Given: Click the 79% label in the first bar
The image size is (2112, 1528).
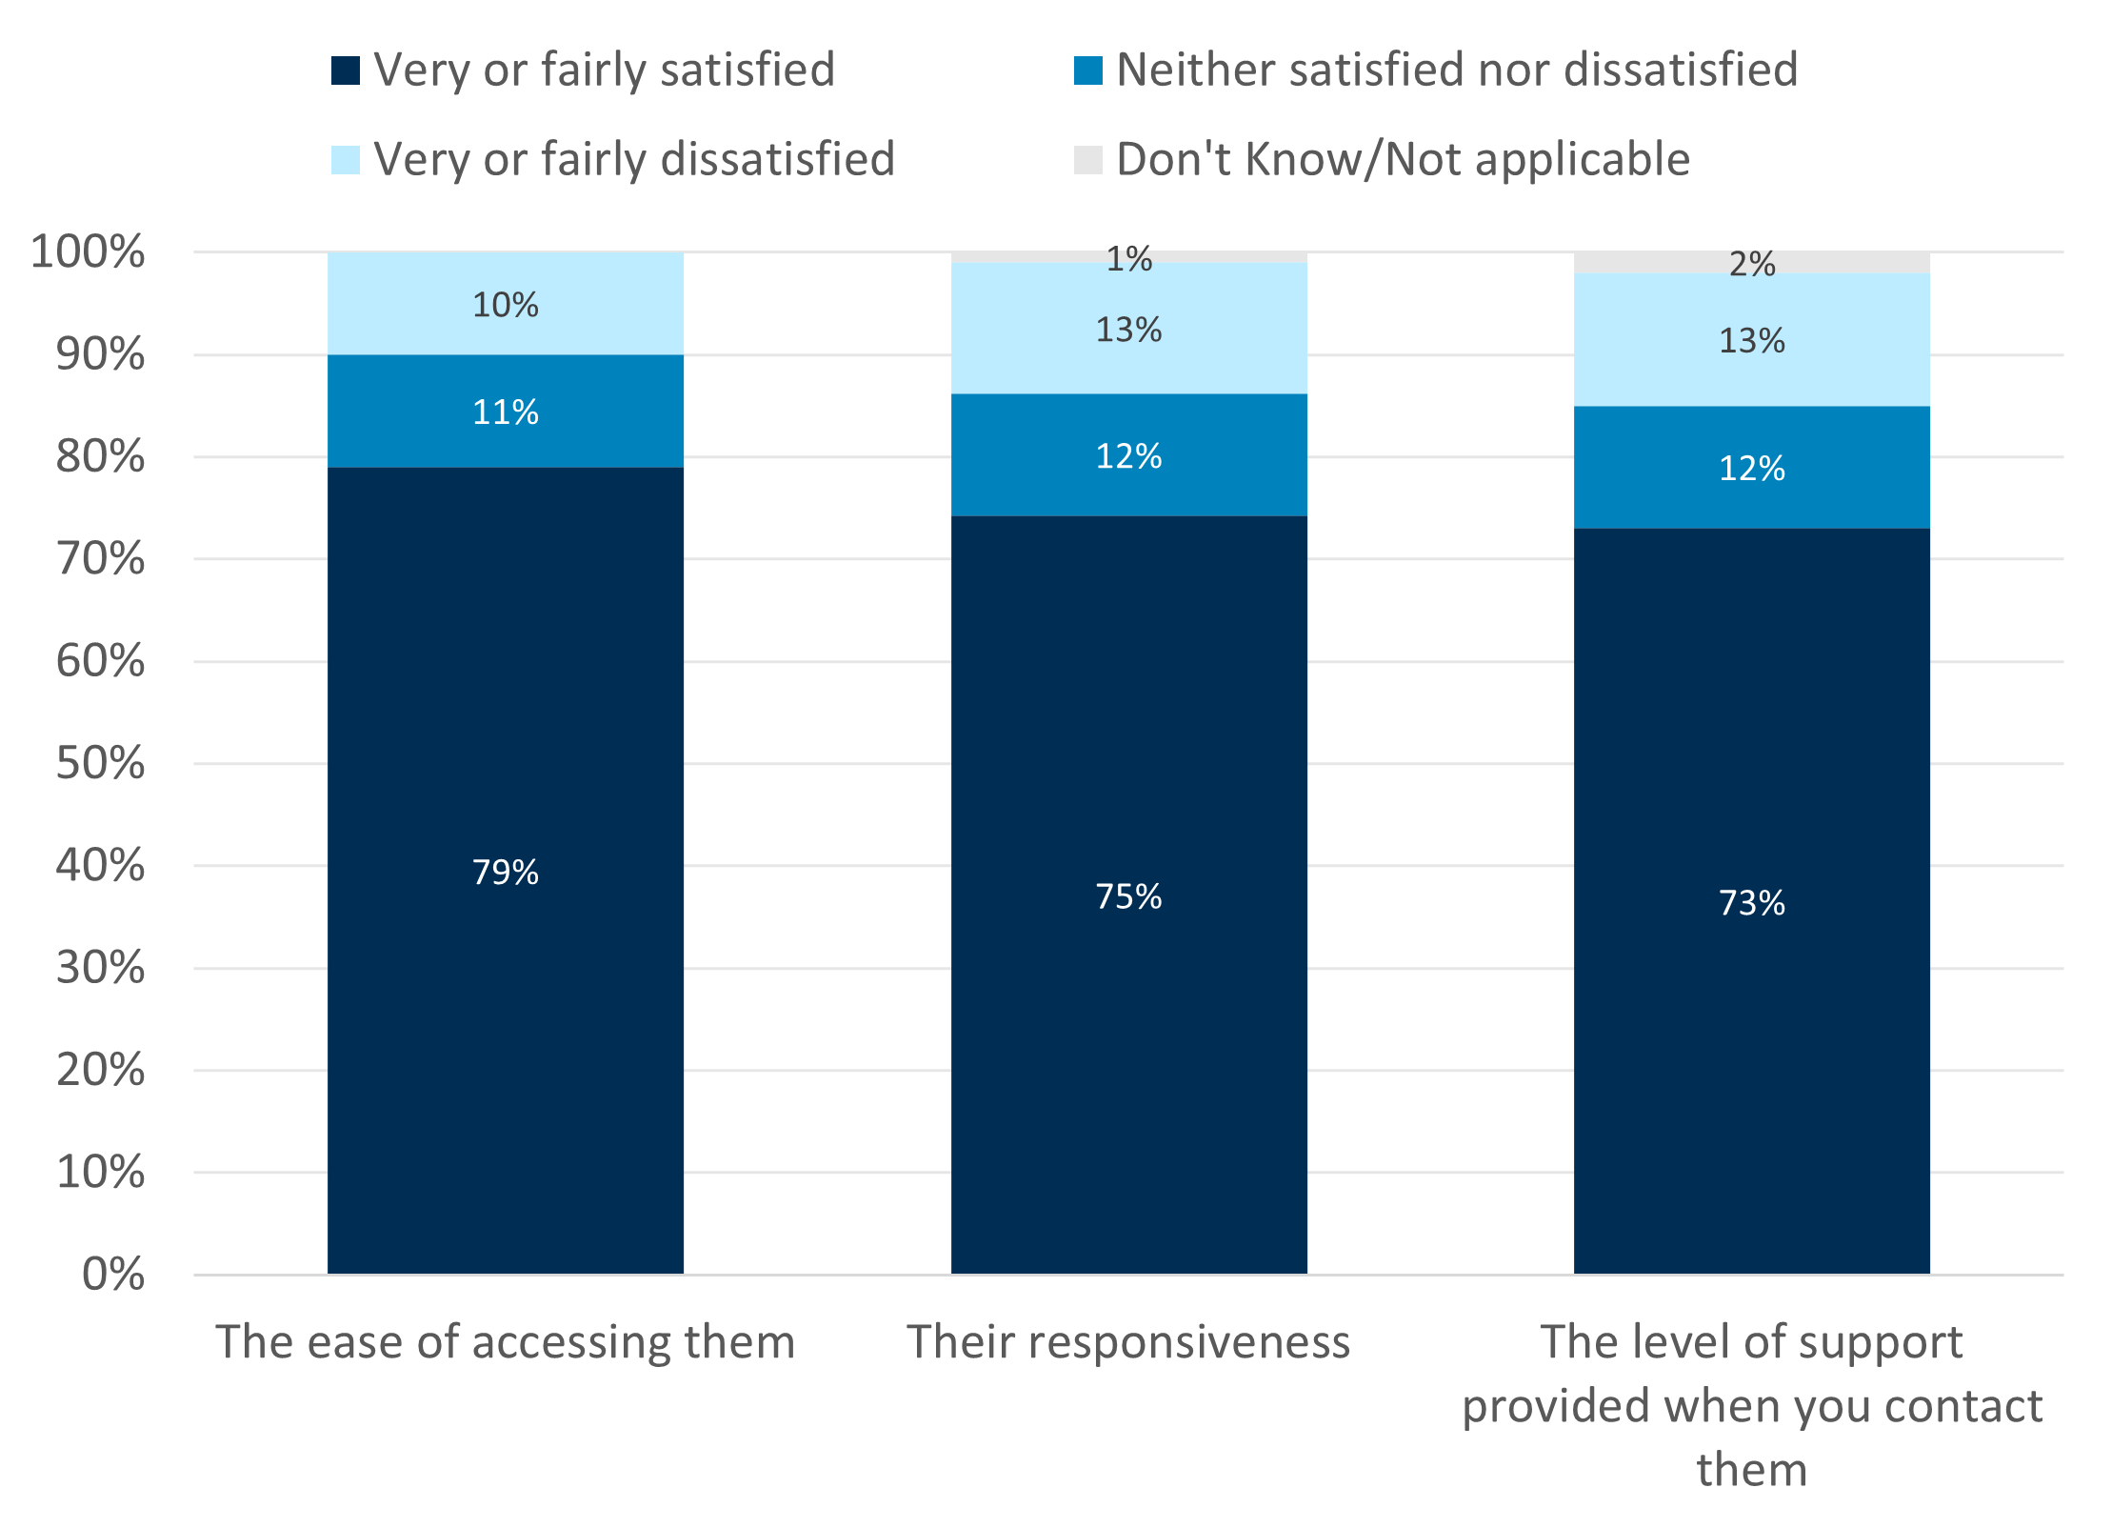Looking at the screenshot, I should (x=505, y=872).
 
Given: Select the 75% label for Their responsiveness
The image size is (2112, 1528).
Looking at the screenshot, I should (x=1128, y=896).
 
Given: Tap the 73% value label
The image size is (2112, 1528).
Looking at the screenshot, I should (x=1751, y=902).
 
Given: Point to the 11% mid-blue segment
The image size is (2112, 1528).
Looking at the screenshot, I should (x=505, y=412).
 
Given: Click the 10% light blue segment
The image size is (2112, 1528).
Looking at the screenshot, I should (x=505, y=305).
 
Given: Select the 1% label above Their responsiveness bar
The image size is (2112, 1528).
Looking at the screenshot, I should (x=1128, y=259).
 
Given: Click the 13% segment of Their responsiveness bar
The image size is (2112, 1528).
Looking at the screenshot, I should (x=1128, y=330).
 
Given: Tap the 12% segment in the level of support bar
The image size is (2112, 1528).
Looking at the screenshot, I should (x=1751, y=468).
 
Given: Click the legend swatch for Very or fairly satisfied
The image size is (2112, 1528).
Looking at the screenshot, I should (x=346, y=70).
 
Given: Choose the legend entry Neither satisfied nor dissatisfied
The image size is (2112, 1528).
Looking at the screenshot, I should (x=1456, y=70).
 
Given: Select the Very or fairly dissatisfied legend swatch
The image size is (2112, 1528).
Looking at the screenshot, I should (x=346, y=160).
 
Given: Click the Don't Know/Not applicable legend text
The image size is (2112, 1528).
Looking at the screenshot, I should (x=1403, y=159).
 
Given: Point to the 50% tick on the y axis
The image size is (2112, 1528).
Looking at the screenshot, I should (x=101, y=763).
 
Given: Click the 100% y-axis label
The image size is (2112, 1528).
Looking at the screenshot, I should (x=88, y=251).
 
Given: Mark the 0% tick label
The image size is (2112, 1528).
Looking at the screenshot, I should (x=113, y=1274).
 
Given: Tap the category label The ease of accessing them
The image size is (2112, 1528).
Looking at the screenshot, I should (x=505, y=1341).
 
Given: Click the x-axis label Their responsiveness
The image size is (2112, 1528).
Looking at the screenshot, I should (x=1128, y=1341).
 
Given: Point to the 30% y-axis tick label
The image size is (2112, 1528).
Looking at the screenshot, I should (x=101, y=968).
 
